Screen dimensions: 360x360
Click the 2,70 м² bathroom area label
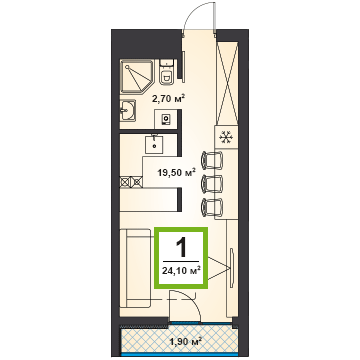[168, 99]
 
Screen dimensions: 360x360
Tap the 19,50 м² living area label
[176, 173]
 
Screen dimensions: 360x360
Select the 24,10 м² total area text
[181, 270]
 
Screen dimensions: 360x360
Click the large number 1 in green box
[181, 248]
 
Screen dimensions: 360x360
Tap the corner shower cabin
[137, 76]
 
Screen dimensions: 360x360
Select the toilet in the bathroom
[166, 73]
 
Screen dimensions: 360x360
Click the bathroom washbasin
[128, 111]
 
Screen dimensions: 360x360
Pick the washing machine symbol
[166, 119]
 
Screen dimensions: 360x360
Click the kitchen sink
[154, 144]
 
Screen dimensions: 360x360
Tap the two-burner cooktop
[131, 182]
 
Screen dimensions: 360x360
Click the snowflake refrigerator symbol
[225, 137]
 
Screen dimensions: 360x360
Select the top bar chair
[212, 160]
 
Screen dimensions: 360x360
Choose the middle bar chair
[212, 184]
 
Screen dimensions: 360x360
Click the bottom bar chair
[212, 207]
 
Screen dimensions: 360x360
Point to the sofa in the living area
[137, 268]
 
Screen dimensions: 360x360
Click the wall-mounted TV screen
[232, 267]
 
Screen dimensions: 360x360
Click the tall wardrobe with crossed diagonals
[227, 83]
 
